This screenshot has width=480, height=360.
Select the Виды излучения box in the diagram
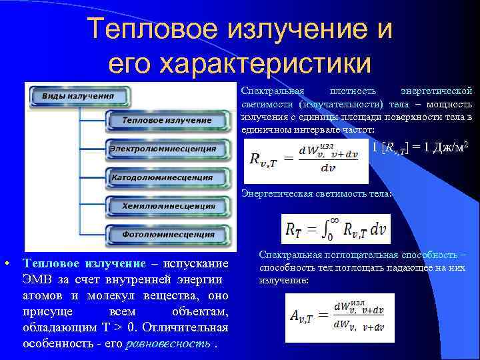[77, 96]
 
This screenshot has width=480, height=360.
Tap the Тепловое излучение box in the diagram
[167, 121]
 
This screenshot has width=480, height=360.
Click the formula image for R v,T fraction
[306, 161]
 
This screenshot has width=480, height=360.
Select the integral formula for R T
[335, 229]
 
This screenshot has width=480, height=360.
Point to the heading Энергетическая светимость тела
[317, 194]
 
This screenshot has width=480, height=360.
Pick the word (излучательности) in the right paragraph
[341, 104]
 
